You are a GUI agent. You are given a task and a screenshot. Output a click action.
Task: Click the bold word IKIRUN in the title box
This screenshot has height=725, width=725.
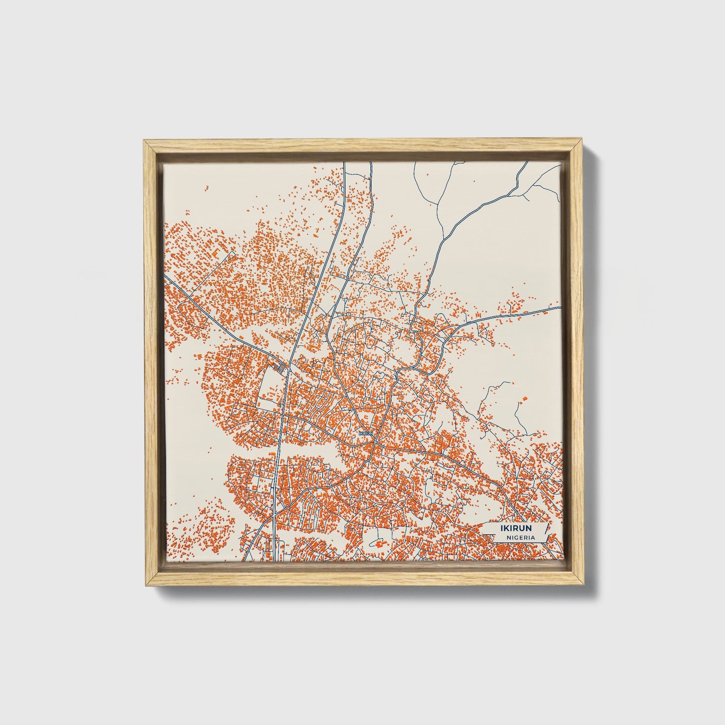pos(516,528)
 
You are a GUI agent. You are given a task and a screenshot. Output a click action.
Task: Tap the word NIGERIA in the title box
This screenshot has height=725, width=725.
pos(520,537)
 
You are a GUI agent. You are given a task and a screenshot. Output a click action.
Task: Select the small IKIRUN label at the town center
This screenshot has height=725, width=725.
pos(366,432)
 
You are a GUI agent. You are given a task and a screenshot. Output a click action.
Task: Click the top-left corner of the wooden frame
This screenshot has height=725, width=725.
pos(144,140)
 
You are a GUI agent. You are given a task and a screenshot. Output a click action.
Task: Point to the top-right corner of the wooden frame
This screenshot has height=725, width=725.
pos(582,140)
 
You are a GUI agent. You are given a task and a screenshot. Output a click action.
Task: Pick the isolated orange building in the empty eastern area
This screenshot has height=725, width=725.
pos(525,398)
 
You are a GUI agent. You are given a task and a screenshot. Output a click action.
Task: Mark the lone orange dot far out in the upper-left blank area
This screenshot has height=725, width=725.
pos(206,188)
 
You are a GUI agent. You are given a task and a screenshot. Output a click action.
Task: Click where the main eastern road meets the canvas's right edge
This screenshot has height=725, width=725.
pos(560,307)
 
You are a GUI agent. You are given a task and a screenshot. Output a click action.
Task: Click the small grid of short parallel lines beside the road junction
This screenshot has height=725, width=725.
pos(282,369)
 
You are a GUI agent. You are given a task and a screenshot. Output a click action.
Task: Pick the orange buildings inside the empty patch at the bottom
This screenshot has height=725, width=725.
pos(380,543)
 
